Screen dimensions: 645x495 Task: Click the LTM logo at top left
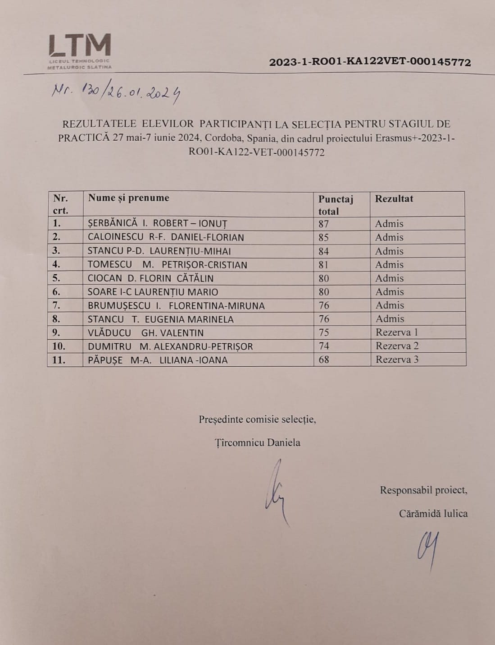coord(80,51)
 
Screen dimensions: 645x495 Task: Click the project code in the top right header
coord(370,62)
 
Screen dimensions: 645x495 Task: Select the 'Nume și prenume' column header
coord(129,198)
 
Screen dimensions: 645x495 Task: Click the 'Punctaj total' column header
coord(336,205)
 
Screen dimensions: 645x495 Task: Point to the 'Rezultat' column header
coord(394,198)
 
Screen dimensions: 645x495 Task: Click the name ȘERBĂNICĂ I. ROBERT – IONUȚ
coord(158,223)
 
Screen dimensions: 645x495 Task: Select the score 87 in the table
coord(324,224)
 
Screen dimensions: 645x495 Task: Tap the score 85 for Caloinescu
coord(324,237)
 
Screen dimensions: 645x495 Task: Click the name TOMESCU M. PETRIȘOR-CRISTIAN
coord(167,265)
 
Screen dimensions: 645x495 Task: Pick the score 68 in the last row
coord(324,359)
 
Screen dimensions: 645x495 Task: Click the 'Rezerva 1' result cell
coord(397,332)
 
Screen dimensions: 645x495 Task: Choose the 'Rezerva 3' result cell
coord(397,359)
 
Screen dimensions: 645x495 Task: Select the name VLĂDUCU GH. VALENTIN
coord(145,333)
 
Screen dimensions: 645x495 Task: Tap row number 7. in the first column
coord(57,305)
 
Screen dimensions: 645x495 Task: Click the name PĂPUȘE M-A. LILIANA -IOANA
coord(158,360)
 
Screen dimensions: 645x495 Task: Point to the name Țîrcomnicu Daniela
coord(257,442)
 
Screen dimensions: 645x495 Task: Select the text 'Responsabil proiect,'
coord(423,490)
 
